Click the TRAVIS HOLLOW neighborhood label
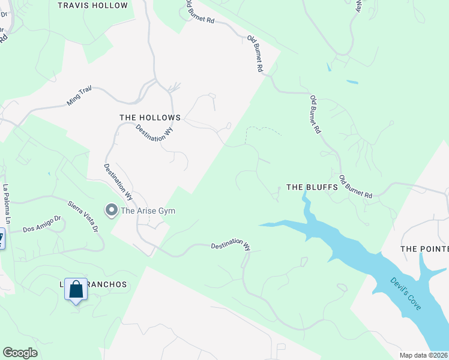(93, 5)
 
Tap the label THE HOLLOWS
(150, 118)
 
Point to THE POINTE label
(424, 249)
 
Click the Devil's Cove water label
(406, 293)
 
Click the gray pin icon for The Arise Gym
(111, 210)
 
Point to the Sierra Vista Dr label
(82, 217)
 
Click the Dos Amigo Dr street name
(42, 224)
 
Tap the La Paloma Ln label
(7, 205)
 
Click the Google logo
(20, 353)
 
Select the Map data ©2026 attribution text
(424, 355)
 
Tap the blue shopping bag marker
(76, 290)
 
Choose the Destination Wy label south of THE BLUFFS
(231, 245)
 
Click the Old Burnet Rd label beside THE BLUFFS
(356, 187)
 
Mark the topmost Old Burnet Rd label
(200, 15)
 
